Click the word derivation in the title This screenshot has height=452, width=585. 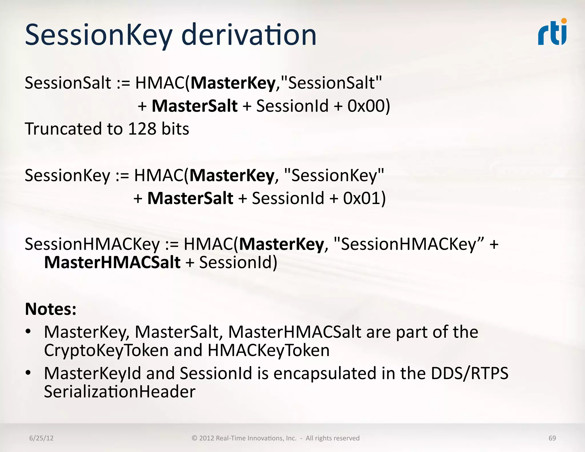tap(249, 35)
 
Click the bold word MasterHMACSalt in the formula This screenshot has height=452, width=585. tap(112, 263)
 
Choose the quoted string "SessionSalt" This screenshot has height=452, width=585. tap(332, 83)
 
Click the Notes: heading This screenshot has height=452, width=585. tap(51, 309)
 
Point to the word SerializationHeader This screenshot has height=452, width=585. tap(120, 392)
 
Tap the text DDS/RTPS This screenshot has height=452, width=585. tap(470, 373)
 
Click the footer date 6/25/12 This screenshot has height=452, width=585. tap(41, 438)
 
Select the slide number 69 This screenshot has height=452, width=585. tap(552, 438)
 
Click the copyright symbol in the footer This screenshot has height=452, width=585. tap(195, 438)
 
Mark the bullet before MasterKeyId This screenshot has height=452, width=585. tap(28, 373)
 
